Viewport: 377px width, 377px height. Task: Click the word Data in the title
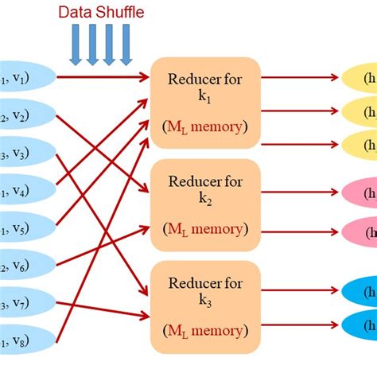pyautogui.click(x=75, y=13)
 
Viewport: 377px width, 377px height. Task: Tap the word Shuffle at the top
pyautogui.click(x=115, y=13)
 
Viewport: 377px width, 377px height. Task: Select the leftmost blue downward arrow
pyautogui.click(x=76, y=45)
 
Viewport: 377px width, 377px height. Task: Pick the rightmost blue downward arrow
pyautogui.click(x=126, y=45)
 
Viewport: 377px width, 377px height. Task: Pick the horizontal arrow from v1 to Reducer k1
pyautogui.click(x=103, y=77)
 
